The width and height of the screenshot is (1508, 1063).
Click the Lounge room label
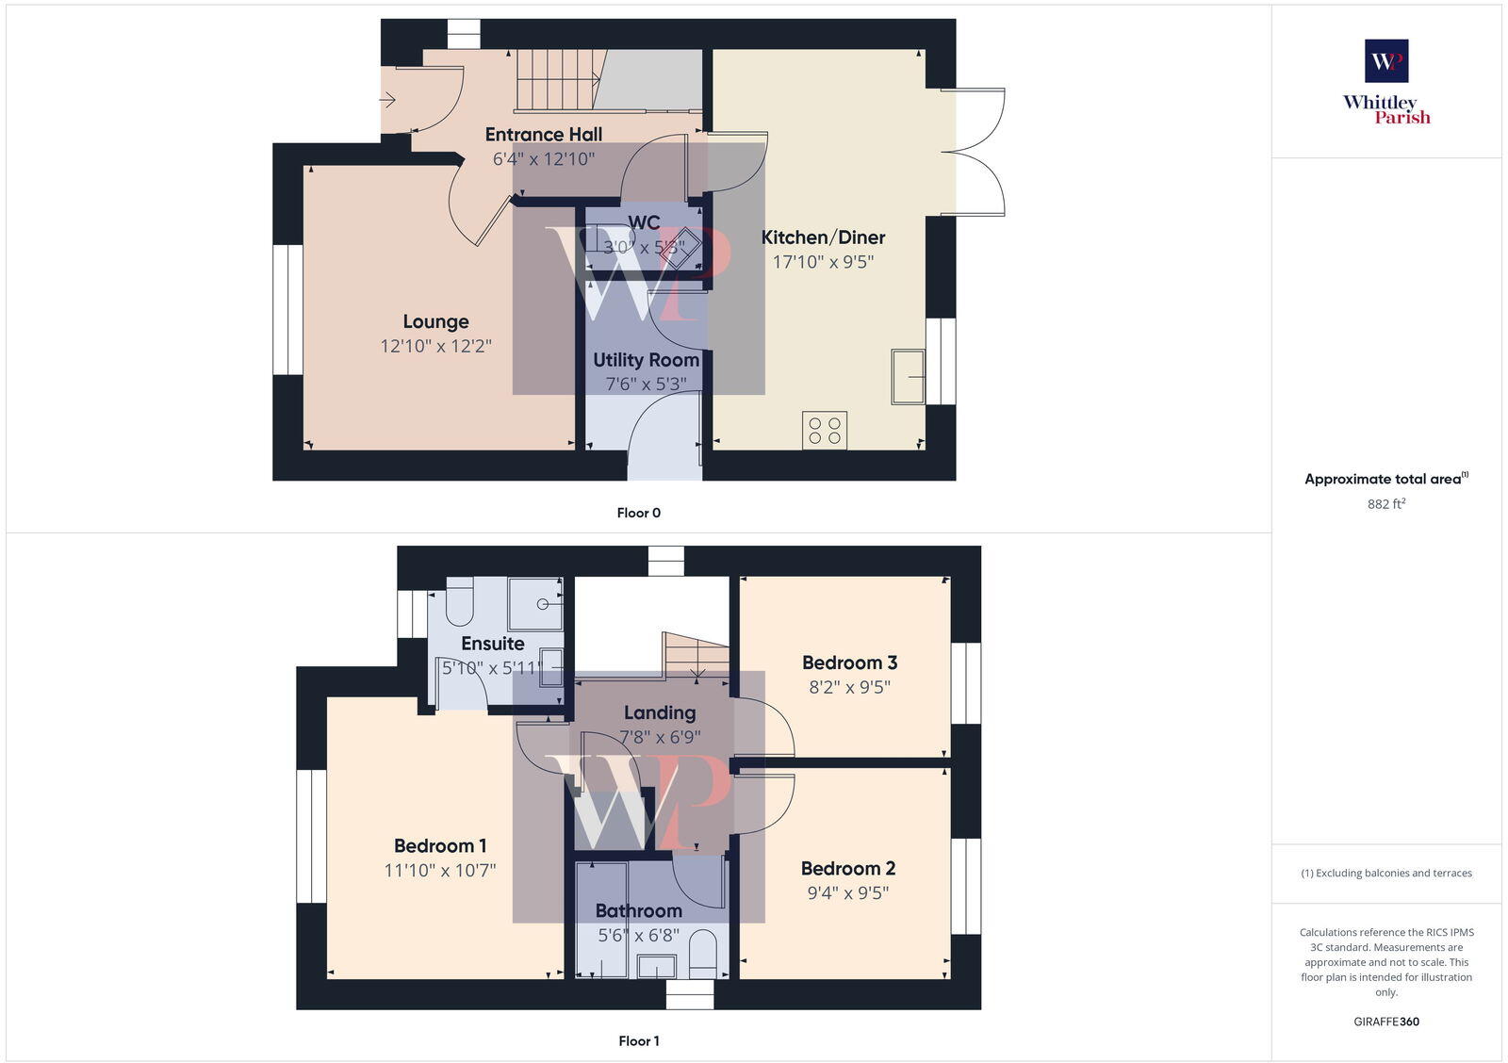pyautogui.click(x=435, y=322)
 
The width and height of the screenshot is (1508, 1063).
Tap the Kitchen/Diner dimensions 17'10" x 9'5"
pyautogui.click(x=823, y=262)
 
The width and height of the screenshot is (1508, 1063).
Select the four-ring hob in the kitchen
pyautogui.click(x=825, y=431)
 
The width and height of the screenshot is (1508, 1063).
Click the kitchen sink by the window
pyautogui.click(x=909, y=376)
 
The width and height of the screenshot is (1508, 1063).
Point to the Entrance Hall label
pyautogui.click(x=544, y=135)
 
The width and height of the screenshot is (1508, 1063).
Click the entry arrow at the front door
pyautogui.click(x=387, y=100)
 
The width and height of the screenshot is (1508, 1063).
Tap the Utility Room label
pyautogui.click(x=646, y=360)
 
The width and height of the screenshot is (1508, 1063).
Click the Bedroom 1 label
pyautogui.click(x=440, y=846)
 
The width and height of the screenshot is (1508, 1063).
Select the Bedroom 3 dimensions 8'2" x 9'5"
pyautogui.click(x=849, y=687)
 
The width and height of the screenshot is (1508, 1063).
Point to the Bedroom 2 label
pyautogui.click(x=848, y=869)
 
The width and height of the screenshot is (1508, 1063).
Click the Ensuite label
pyautogui.click(x=493, y=644)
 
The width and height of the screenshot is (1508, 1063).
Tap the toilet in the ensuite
pyautogui.click(x=459, y=603)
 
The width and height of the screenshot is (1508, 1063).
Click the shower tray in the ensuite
pyautogui.click(x=535, y=604)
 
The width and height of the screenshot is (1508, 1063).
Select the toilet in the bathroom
pyautogui.click(x=703, y=955)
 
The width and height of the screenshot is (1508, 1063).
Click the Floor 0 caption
pyautogui.click(x=639, y=513)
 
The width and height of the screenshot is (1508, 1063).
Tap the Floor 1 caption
pyautogui.click(x=639, y=1041)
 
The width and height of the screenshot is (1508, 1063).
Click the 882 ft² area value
pyautogui.click(x=1386, y=504)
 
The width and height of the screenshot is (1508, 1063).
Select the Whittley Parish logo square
pyautogui.click(x=1386, y=61)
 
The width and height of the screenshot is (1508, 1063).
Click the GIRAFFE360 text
pyautogui.click(x=1386, y=1022)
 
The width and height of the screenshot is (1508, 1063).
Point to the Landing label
pyautogui.click(x=660, y=713)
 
